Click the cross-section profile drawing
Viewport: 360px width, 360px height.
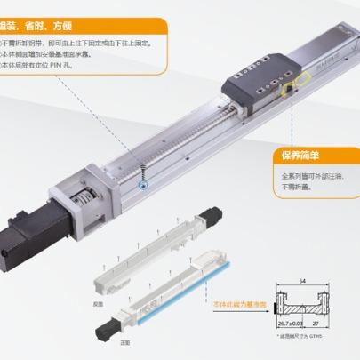click(308, 311)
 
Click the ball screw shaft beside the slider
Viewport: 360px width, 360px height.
click(178, 141)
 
